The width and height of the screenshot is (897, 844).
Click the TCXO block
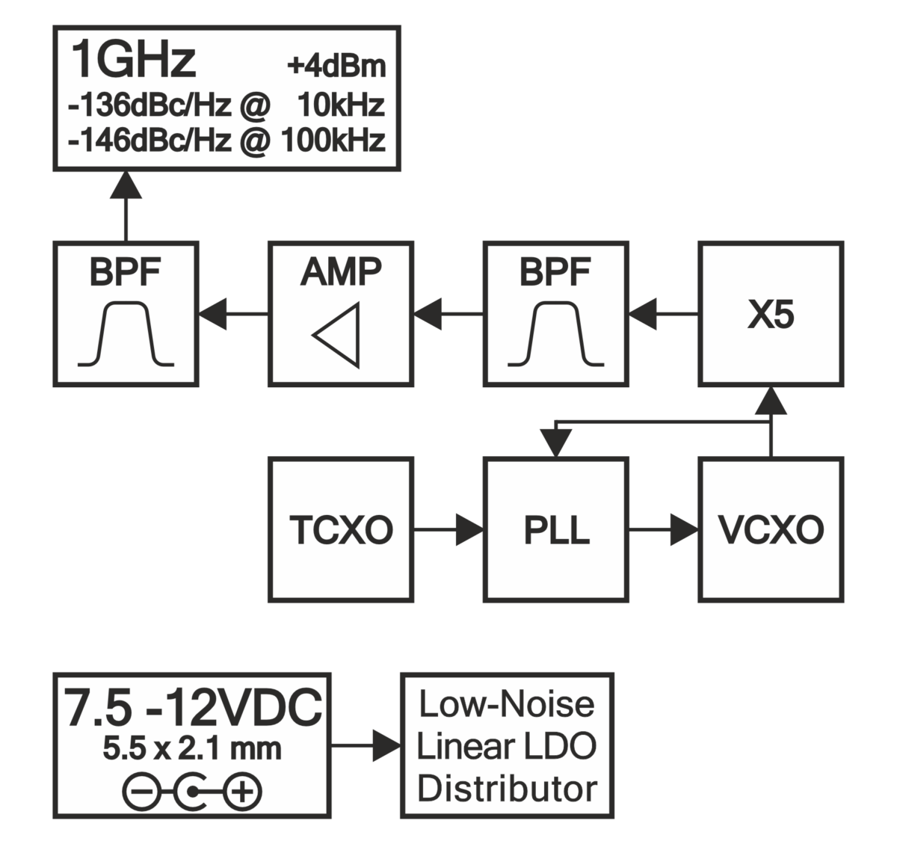341,530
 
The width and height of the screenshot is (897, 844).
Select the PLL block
555,530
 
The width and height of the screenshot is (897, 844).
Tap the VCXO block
771,530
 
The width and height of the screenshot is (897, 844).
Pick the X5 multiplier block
771,314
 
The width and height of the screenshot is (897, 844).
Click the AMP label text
341,272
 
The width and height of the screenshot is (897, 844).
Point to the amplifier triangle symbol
338,335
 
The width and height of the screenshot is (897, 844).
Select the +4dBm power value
336,67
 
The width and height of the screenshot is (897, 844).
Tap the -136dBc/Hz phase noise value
149,105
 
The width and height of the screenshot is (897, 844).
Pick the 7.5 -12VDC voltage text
193,708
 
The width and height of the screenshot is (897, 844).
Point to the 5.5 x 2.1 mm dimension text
192,748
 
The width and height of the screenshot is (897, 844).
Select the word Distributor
508,789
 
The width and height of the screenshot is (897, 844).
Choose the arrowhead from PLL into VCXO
685,530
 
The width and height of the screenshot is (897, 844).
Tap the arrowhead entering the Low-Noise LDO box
388,745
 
